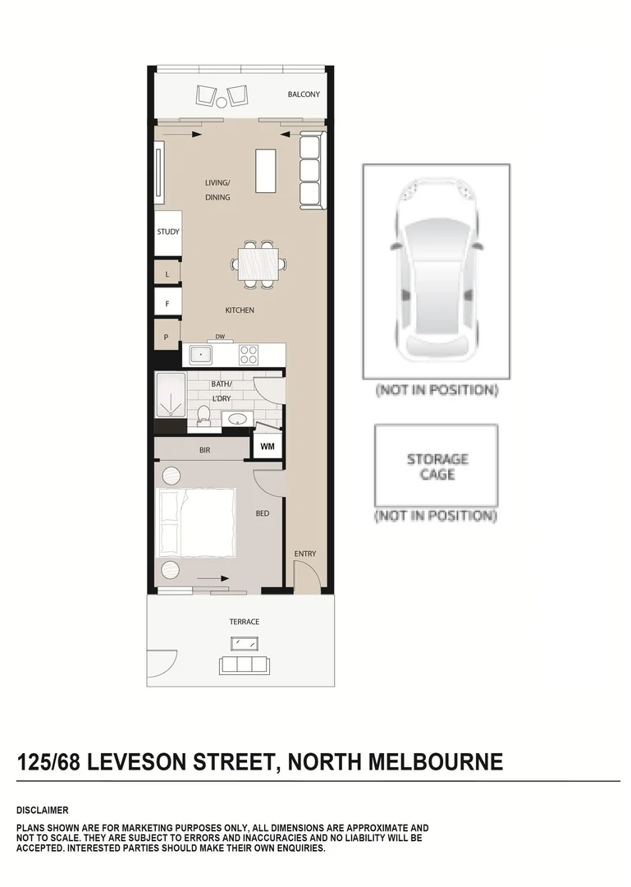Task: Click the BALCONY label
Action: click(304, 95)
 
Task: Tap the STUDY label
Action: click(168, 232)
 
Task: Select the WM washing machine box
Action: click(267, 447)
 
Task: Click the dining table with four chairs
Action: click(258, 264)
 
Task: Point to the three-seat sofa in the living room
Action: click(311, 171)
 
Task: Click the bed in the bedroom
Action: click(196, 523)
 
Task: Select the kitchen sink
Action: click(200, 355)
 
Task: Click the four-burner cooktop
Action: click(249, 355)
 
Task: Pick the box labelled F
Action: click(167, 303)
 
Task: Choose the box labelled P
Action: click(167, 336)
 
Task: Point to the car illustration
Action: click(436, 271)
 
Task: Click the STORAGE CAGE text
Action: click(437, 466)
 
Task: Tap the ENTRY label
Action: click(305, 554)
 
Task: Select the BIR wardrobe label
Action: click(204, 450)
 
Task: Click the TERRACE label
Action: click(245, 622)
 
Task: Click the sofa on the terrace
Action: click(242, 664)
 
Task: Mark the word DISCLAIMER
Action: click(42, 810)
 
